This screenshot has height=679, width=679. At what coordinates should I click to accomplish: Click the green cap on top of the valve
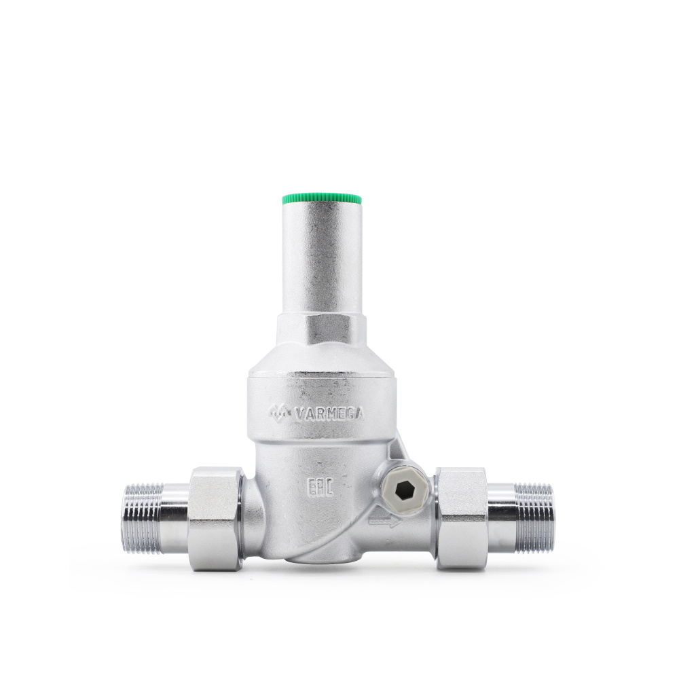coord(322,200)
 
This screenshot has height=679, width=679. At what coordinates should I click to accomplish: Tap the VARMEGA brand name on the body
coord(329,415)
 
